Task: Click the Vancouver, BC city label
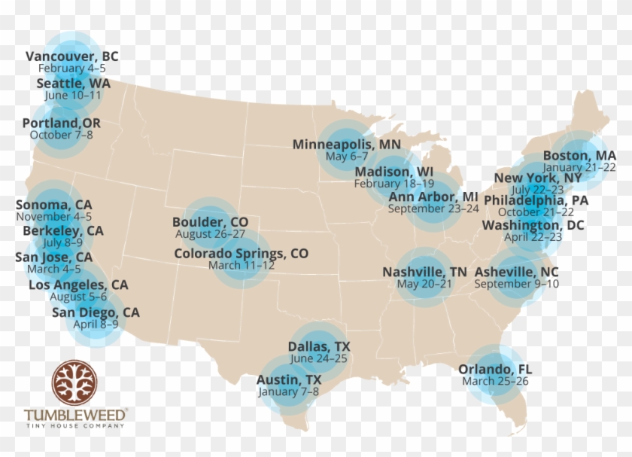pos(72,56)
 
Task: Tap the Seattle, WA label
pos(73,84)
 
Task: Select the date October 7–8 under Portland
pos(62,135)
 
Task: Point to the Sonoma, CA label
pos(54,205)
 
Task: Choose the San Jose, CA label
pos(54,257)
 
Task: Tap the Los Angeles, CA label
pos(78,285)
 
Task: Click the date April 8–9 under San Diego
pos(96,324)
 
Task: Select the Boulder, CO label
pos(210,222)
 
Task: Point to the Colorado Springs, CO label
pos(241,254)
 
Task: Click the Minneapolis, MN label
pos(347,144)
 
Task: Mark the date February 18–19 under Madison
pos(394,183)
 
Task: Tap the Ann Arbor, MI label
pos(433,197)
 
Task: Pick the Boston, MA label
pos(579,155)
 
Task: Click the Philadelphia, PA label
pos(536,200)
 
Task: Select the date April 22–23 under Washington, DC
pos(533,236)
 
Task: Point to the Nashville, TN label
pos(424,272)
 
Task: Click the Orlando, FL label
pos(495,369)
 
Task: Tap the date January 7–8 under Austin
pos(288,391)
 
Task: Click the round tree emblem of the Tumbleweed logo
pos(74,382)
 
